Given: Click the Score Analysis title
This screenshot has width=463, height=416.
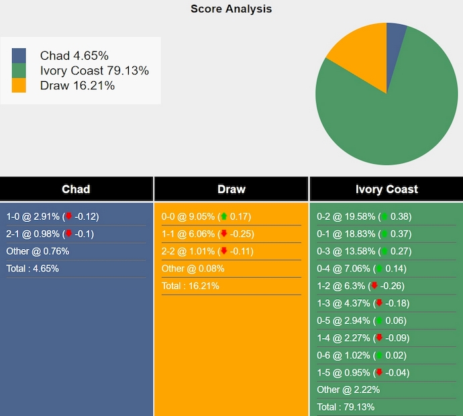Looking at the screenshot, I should (231, 9).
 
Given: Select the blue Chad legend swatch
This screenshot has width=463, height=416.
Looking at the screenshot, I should (19, 56).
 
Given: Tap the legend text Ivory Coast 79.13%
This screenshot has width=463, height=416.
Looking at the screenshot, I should (94, 70).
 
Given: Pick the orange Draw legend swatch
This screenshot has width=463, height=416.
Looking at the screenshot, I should (19, 85).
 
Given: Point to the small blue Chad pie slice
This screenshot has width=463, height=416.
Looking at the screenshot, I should (395, 37).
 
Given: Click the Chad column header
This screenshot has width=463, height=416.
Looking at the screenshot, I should (76, 189).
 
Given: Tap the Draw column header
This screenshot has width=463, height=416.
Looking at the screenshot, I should (232, 189).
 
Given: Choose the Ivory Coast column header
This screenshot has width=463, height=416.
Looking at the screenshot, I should (387, 189).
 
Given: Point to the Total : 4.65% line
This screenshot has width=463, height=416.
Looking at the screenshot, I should (32, 268).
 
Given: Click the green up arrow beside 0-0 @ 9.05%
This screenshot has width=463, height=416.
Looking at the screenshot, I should (224, 217).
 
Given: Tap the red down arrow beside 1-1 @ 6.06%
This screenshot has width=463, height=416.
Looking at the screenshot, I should (224, 234).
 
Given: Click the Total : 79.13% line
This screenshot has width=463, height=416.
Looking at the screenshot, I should (346, 407).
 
